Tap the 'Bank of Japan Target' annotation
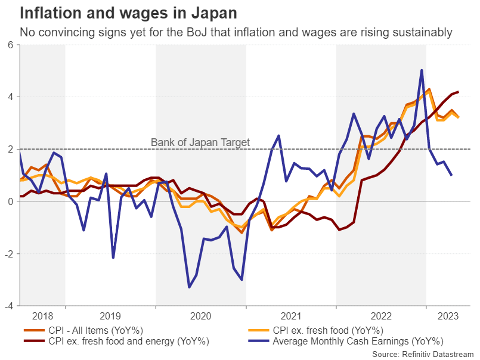[x=200, y=143]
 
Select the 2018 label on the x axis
[x=42, y=316]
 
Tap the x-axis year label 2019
[x=110, y=316]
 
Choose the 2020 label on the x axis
[x=200, y=316]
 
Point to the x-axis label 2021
[x=290, y=316]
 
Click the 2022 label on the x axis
[x=381, y=316]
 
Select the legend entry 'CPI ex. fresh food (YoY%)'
[x=327, y=330]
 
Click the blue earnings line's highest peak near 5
[x=422, y=70]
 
